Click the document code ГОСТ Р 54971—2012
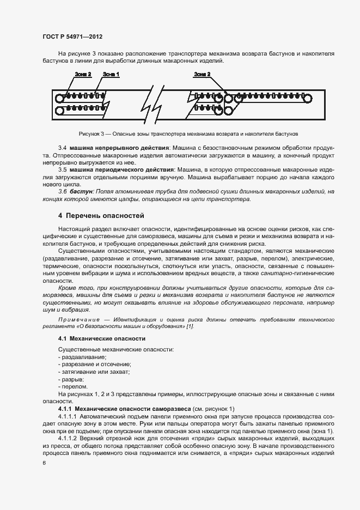72,37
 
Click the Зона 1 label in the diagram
111,74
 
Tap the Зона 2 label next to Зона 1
83,74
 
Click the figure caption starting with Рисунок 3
188,133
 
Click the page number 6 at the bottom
44,463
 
